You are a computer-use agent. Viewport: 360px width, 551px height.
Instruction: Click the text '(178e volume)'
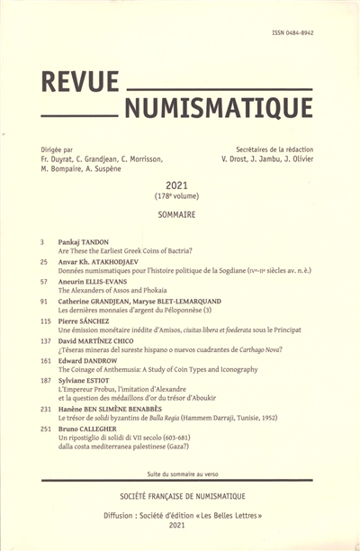pyautogui.click(x=181, y=195)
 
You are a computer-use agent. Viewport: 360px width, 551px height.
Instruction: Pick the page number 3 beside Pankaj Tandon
pyautogui.click(x=42, y=243)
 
